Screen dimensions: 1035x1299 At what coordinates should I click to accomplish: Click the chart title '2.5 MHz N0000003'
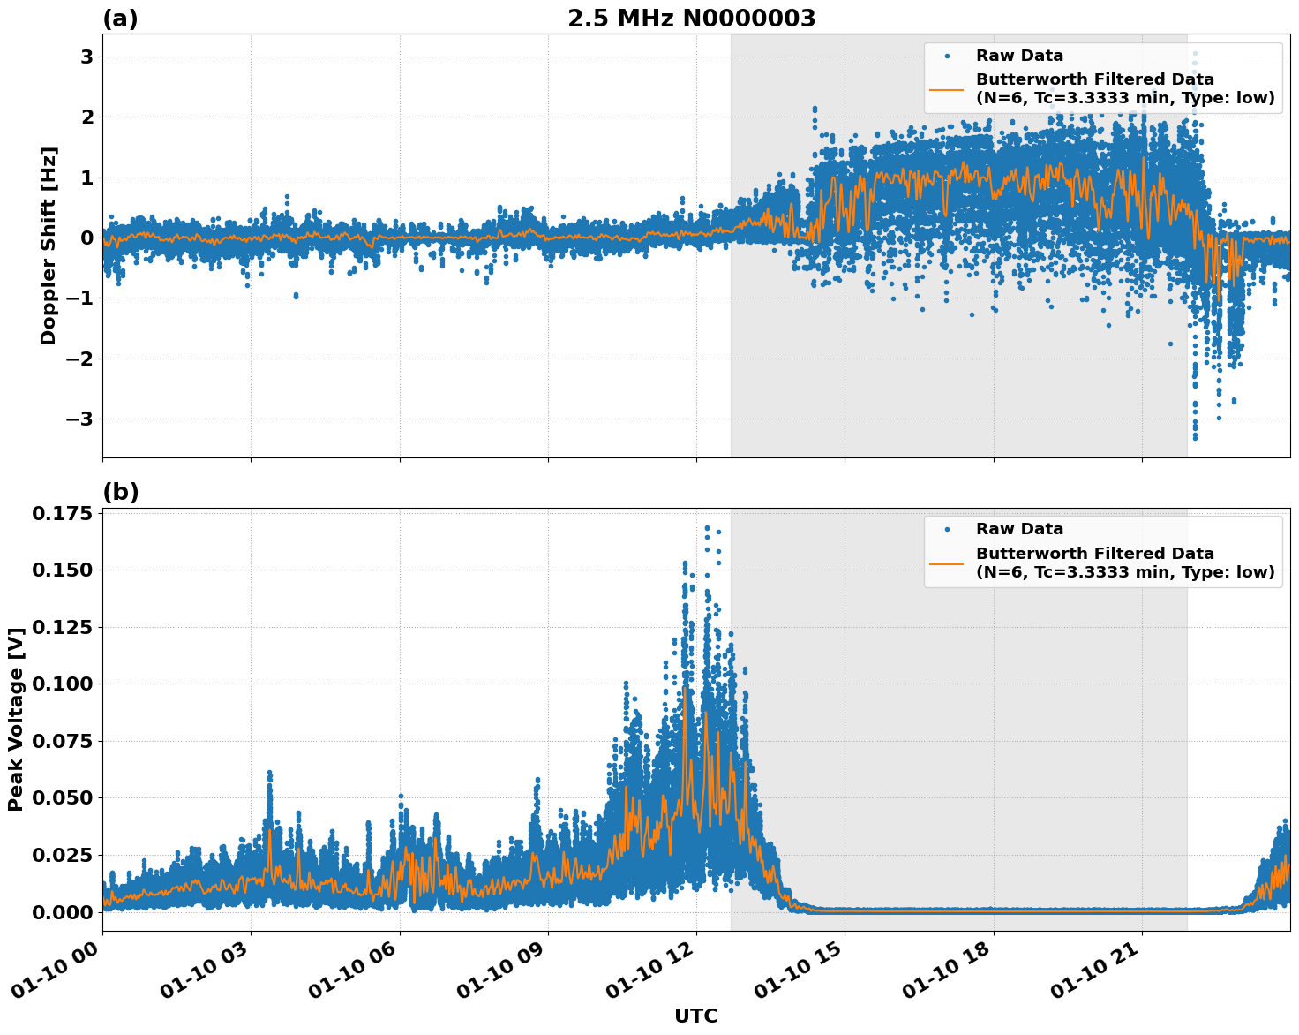pos(691,19)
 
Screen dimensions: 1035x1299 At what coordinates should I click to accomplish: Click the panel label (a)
pos(120,19)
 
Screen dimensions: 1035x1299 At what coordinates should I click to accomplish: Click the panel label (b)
pos(120,493)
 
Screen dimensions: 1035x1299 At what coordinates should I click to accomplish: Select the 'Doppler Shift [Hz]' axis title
pos(49,246)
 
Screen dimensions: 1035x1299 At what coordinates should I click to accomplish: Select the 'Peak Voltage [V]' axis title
pos(15,720)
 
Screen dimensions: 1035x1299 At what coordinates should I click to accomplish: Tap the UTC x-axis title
pos(695,1016)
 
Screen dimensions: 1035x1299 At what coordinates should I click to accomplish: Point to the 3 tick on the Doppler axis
pos(86,57)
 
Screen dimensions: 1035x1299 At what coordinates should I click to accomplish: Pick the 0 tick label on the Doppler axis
pos(86,238)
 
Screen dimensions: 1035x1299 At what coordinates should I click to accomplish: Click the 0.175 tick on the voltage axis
pos(62,514)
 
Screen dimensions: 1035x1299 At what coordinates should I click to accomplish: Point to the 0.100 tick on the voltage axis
pos(62,684)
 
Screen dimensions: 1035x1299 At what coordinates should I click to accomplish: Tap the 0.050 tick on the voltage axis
pos(62,797)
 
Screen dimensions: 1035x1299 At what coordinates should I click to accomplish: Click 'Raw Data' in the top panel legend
pos(1019,56)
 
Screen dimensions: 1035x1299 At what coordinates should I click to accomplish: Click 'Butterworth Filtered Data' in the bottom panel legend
pos(1094,554)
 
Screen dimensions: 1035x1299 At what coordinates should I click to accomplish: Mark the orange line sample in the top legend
pos(946,89)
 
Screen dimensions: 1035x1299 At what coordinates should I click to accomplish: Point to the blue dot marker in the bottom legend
pos(946,529)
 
